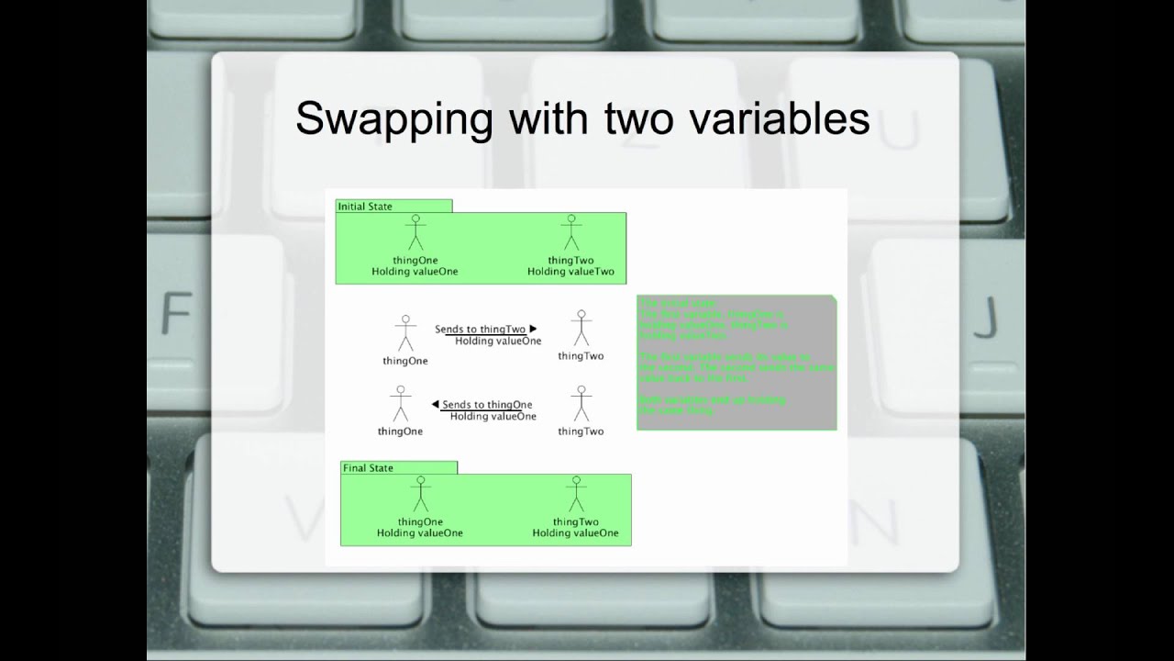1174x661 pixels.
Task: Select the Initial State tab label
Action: pyautogui.click(x=365, y=207)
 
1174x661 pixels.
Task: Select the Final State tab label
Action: pyautogui.click(x=368, y=468)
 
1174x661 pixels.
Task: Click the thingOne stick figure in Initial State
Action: pyautogui.click(x=415, y=233)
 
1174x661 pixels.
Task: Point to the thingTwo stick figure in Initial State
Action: pyautogui.click(x=571, y=233)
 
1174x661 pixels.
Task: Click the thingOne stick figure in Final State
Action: pyautogui.click(x=420, y=494)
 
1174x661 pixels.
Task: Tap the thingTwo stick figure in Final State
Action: pyautogui.click(x=576, y=494)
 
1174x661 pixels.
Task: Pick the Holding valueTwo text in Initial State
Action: pyautogui.click(x=570, y=272)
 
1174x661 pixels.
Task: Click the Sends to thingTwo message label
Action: pyautogui.click(x=480, y=329)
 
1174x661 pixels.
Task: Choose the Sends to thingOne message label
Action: pyautogui.click(x=487, y=405)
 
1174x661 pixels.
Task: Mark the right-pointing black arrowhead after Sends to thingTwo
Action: pyautogui.click(x=533, y=329)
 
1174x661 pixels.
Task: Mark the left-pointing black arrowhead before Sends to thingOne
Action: pyautogui.click(x=436, y=404)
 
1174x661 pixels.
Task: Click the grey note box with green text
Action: pyautogui.click(x=737, y=363)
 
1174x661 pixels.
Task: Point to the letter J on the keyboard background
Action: pyautogui.click(x=983, y=318)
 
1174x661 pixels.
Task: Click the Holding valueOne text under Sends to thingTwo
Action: pyautogui.click(x=498, y=342)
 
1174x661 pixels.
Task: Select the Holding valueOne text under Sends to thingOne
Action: pyautogui.click(x=493, y=417)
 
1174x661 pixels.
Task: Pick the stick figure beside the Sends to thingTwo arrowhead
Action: pyautogui.click(x=581, y=328)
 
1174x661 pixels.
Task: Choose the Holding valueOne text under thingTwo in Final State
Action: pyautogui.click(x=575, y=533)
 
